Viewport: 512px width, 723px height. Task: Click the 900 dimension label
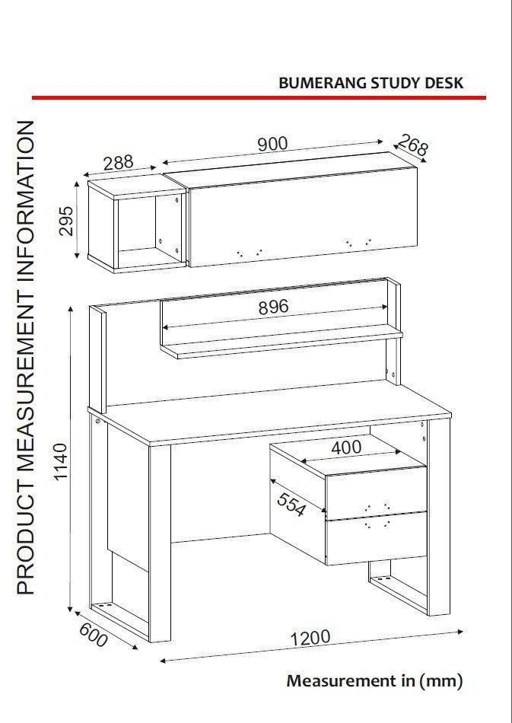pos(272,144)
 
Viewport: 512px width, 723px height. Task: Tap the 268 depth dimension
pos(413,145)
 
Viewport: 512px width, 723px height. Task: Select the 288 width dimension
pos(118,163)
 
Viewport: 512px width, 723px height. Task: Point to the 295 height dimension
pos(66,221)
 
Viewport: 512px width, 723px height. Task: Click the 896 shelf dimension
pos(273,307)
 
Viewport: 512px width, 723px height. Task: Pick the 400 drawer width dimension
pos(346,447)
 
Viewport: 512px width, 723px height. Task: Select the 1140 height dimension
pos(61,462)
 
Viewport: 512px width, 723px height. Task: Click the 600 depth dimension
pos(94,635)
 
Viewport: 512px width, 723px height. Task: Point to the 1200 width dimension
pos(310,639)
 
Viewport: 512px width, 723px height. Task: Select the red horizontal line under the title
pos(259,97)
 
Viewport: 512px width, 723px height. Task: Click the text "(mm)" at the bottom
pos(440,681)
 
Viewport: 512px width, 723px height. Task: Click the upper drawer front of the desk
pos(376,492)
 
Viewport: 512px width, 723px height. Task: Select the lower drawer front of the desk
pos(376,539)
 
